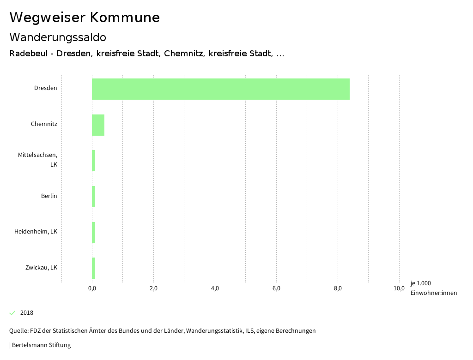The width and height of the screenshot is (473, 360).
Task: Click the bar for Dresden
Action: pos(221,89)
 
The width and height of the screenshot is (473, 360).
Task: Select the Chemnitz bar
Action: pos(98,125)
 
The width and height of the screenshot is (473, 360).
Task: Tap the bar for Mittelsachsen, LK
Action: pos(94,161)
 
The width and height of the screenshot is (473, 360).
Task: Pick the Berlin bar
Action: pos(94,197)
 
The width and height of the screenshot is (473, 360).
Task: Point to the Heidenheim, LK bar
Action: pos(94,233)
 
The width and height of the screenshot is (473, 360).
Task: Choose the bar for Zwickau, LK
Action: pos(94,268)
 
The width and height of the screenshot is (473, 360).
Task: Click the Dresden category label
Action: pos(46,88)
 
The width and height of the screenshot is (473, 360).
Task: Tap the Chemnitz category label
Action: pos(44,124)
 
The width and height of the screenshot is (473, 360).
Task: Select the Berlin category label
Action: pos(49,196)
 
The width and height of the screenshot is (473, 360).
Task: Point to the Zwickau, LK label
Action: pos(42,268)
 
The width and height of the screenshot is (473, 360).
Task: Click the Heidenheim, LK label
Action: pos(36,232)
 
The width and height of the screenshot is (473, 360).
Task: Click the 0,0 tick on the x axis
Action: pos(92,288)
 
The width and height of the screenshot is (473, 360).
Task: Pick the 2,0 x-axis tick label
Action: pos(153,288)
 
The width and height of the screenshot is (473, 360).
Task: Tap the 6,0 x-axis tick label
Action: pos(276,288)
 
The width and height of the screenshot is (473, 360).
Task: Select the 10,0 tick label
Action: pos(399,288)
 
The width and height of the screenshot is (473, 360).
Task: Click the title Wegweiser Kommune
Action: pos(85,18)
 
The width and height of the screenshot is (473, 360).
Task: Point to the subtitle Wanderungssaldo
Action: pos(58,37)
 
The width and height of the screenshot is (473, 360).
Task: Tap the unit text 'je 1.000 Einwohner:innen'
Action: pos(433,288)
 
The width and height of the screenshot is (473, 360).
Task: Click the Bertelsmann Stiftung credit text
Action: pos(41,345)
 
